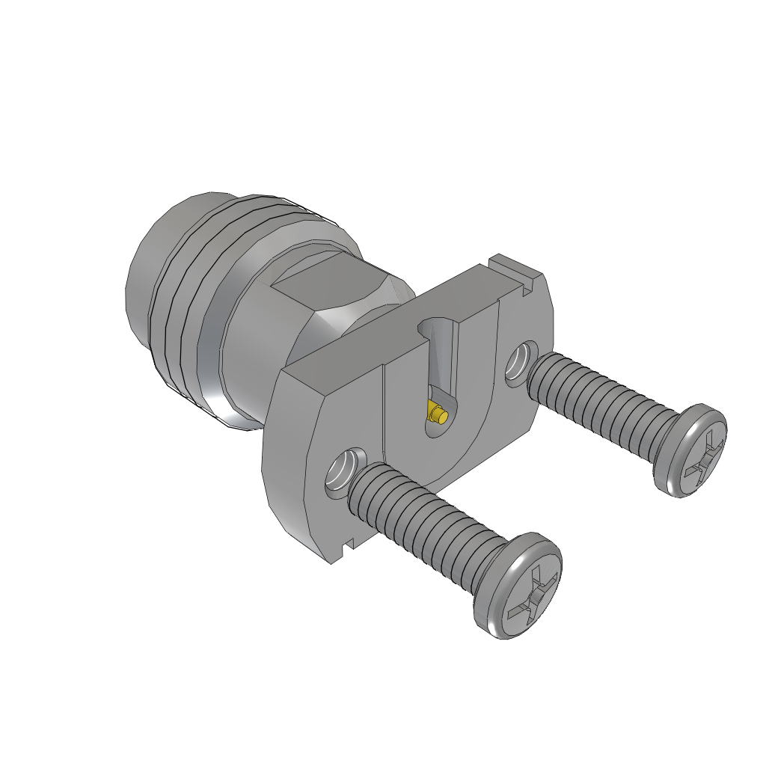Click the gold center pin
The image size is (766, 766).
coord(438,413)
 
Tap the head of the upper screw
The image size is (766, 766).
coord(691,451)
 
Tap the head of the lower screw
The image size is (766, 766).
coord(524,586)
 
